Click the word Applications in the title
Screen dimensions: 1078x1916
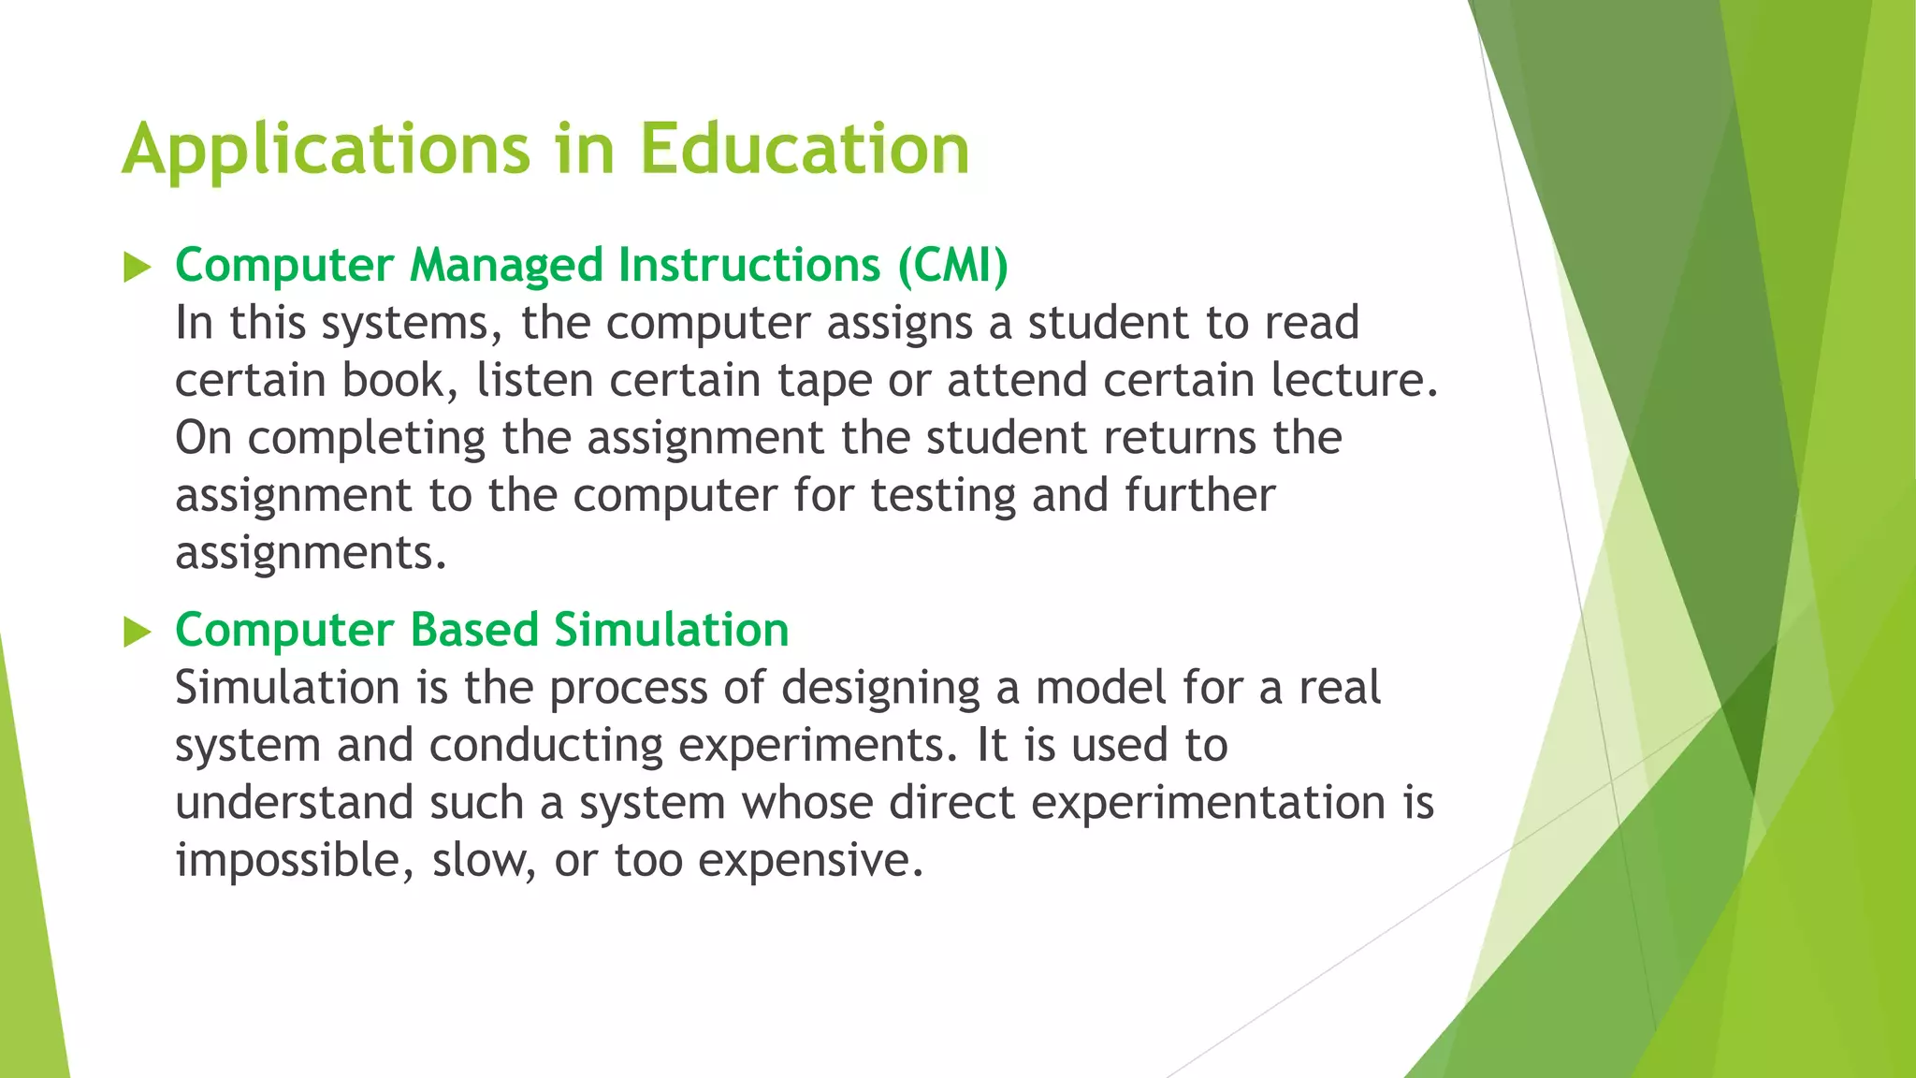(x=327, y=150)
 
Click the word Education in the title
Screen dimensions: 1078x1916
(x=805, y=150)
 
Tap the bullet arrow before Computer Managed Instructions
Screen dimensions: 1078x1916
(x=137, y=268)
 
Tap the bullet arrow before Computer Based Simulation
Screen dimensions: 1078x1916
(x=137, y=633)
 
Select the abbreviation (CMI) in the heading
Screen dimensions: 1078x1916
(x=952, y=265)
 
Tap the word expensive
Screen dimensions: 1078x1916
(x=810, y=861)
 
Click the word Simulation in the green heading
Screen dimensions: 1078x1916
(x=671, y=630)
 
